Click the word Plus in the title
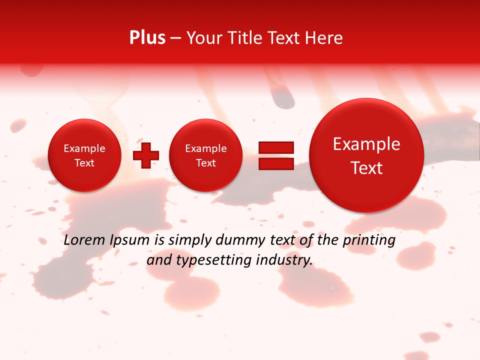tap(147, 38)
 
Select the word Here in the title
tap(324, 38)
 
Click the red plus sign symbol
tap(146, 155)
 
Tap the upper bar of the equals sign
tap(275, 147)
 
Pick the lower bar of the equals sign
tap(275, 163)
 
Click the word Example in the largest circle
tap(366, 144)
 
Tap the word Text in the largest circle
tap(366, 168)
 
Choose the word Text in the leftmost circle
tap(84, 163)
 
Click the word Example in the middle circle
tap(205, 148)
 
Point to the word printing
tap(368, 240)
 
